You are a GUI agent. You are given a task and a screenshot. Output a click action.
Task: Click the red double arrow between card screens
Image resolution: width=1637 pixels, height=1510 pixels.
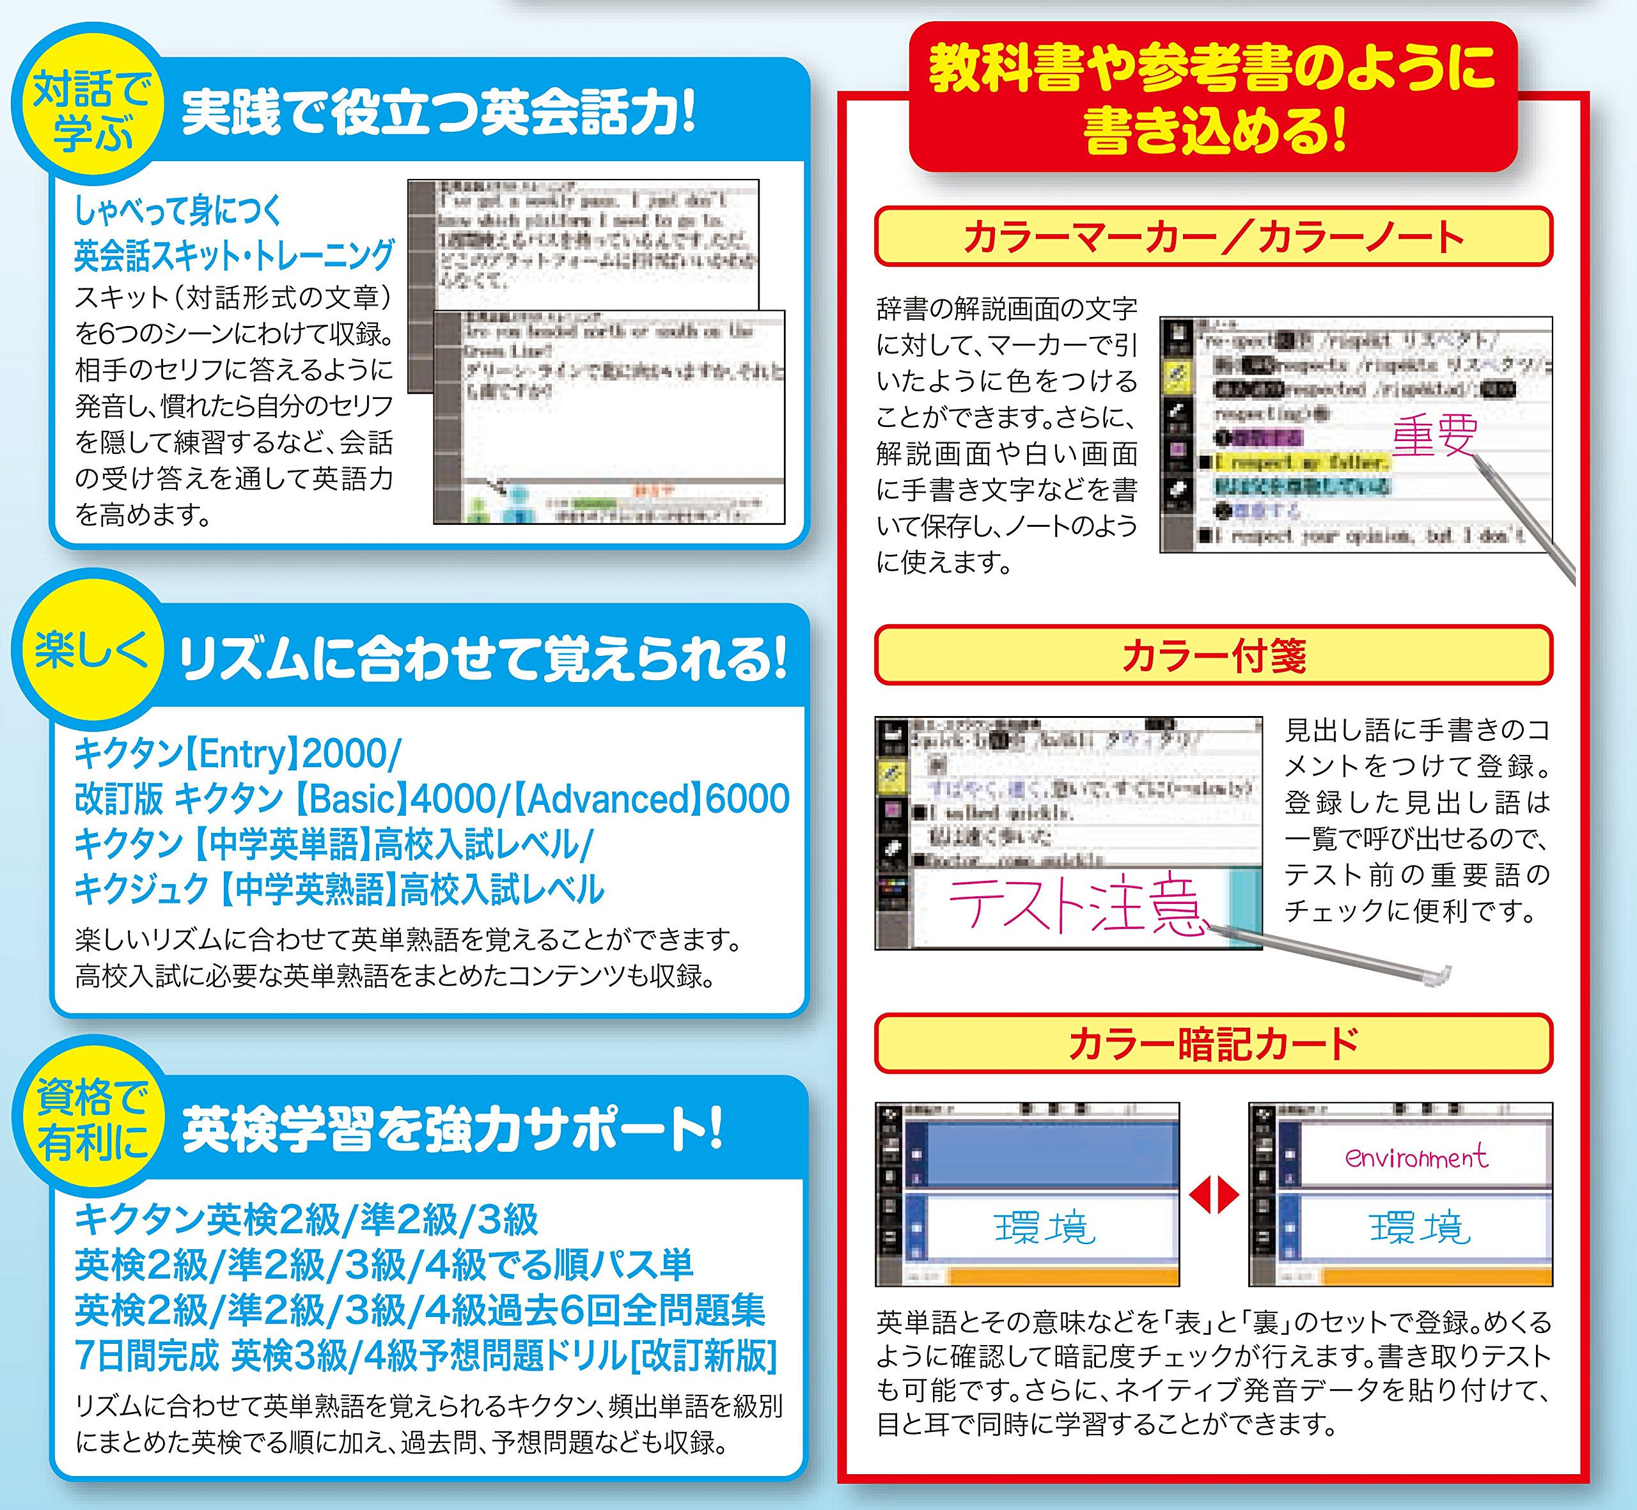click(1214, 1196)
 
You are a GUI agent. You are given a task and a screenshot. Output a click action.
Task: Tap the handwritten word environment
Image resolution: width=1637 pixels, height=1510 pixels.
click(1416, 1157)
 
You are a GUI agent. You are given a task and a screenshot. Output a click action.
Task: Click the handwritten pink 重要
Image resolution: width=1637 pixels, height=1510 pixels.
click(1434, 435)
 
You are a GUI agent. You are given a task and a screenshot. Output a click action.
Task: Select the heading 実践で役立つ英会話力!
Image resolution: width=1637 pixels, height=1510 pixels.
click(437, 113)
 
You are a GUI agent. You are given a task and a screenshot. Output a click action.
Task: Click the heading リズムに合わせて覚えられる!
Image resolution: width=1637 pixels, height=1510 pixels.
click(482, 658)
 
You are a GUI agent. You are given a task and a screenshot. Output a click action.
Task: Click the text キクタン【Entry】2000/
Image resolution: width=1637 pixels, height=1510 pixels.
click(237, 753)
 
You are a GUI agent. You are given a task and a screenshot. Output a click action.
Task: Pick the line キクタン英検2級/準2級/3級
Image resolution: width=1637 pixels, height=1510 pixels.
click(306, 1220)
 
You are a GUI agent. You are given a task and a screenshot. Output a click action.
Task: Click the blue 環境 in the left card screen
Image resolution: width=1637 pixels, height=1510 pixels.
click(1044, 1228)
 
